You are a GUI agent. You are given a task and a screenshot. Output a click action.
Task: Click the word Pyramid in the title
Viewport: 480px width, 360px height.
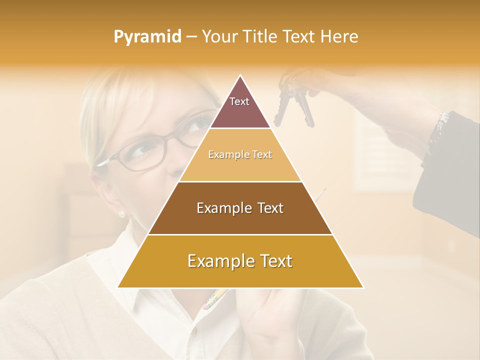pyautogui.click(x=147, y=37)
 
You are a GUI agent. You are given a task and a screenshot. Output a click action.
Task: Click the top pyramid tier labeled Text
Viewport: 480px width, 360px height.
pyautogui.click(x=240, y=105)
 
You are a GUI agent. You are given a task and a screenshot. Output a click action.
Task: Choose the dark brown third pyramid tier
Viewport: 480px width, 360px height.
pyautogui.click(x=240, y=208)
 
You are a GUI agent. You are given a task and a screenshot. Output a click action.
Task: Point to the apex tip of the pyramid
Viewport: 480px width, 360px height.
pyautogui.click(x=240, y=76)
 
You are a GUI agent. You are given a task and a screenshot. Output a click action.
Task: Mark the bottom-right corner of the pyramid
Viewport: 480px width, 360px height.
pyautogui.click(x=362, y=287)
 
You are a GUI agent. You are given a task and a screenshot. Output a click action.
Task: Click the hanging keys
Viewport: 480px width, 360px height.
pyautogui.click(x=295, y=102)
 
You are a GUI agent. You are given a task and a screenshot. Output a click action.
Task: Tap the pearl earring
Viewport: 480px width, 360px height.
pyautogui.click(x=121, y=214)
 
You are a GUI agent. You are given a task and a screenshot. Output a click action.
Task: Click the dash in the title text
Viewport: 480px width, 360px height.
pyautogui.click(x=191, y=37)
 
